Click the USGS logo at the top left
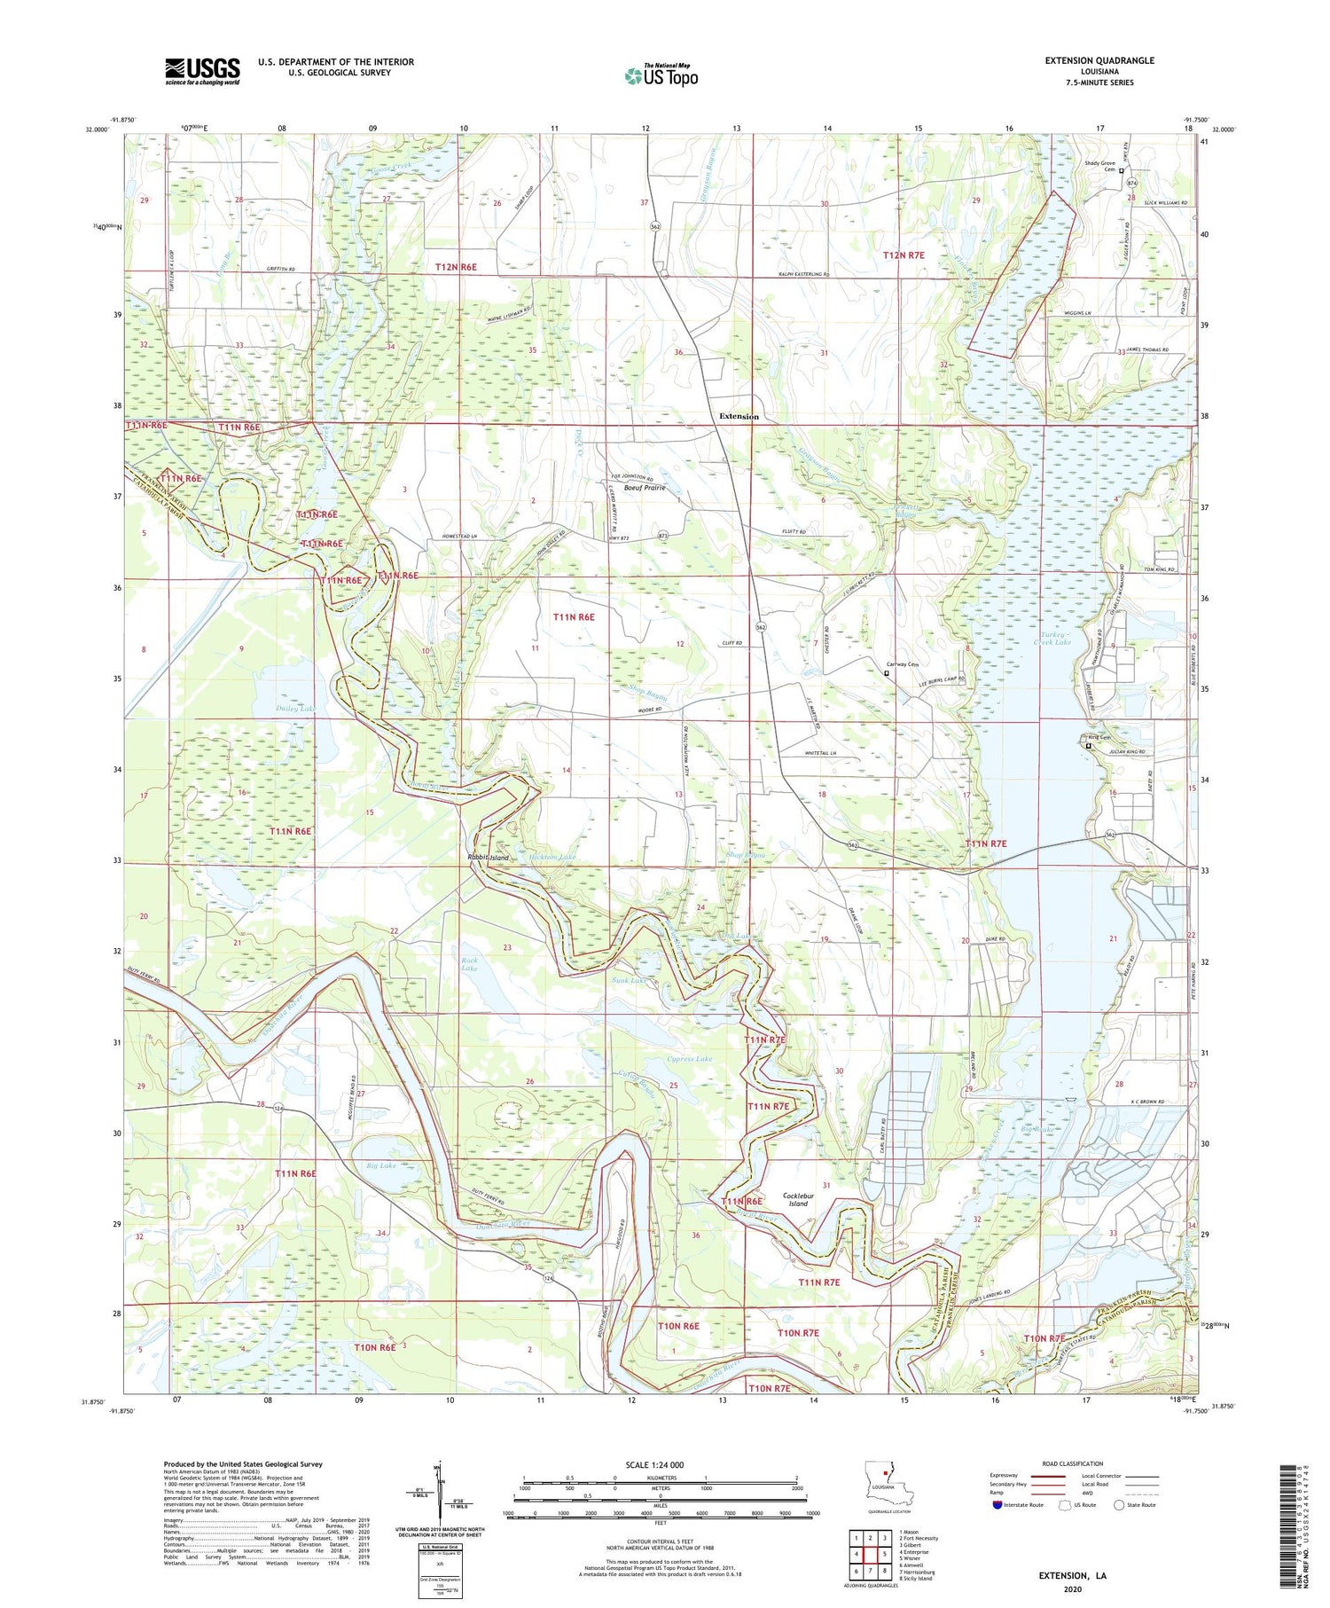202,71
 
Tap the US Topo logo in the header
661,75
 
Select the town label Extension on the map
739,416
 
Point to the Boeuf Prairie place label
645,488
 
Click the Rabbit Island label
489,859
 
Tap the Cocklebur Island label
798,1199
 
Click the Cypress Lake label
689,1059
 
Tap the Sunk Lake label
629,981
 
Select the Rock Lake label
469,964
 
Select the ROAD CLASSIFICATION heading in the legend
1072,1463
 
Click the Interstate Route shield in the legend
997,1504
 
